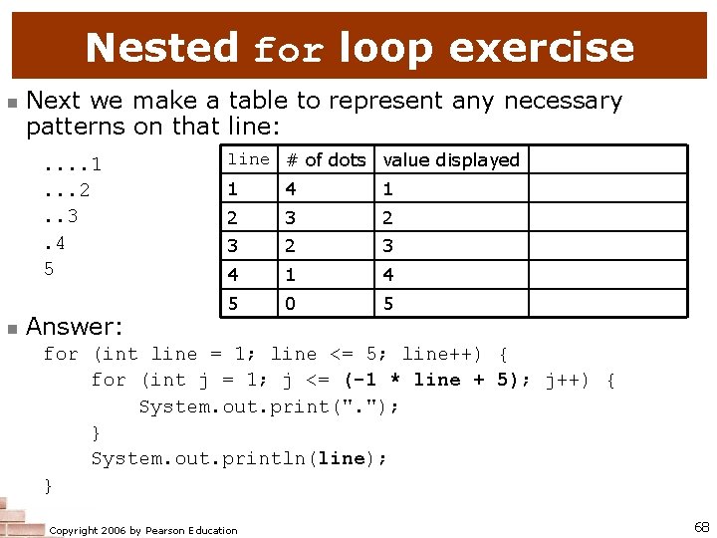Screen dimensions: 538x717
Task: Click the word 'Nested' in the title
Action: coord(162,47)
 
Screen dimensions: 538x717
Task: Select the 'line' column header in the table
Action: coord(248,159)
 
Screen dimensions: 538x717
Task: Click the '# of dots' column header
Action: coord(326,159)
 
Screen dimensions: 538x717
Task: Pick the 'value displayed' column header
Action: coord(451,159)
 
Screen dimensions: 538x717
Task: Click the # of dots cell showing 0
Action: coord(290,303)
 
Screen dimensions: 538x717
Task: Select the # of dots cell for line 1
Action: coord(290,188)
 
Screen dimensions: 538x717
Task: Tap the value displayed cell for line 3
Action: coord(388,246)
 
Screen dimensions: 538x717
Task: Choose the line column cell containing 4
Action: coord(232,274)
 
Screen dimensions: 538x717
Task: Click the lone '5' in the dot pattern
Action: coord(49,268)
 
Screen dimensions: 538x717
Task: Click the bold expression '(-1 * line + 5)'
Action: coord(436,380)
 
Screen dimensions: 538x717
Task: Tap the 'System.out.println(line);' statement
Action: coord(239,457)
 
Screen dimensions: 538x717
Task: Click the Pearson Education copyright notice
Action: coord(143,530)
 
